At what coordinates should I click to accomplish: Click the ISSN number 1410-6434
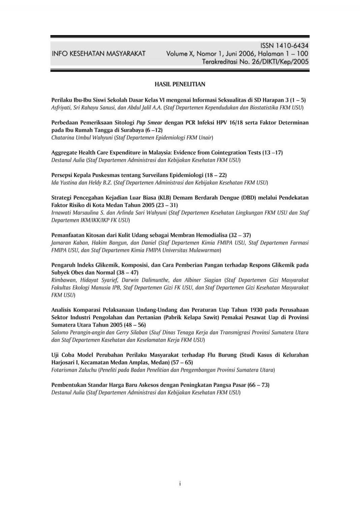[292, 45]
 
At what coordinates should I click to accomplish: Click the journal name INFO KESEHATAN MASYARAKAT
[98, 54]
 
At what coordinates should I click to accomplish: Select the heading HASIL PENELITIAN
[180, 84]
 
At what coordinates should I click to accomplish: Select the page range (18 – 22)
[216, 175]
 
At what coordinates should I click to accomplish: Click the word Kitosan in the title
[92, 235]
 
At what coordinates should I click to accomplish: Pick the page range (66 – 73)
[258, 385]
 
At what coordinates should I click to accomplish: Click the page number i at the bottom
[180, 484]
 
